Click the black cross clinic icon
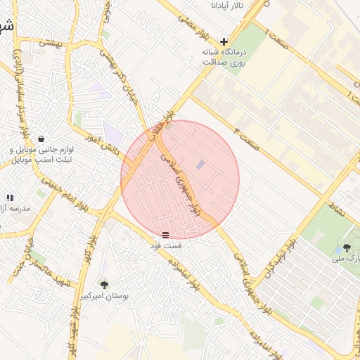tap(224, 41)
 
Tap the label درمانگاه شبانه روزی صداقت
tap(207, 57)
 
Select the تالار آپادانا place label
tap(228, 6)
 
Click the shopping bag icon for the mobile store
tap(43, 139)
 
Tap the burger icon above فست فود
tap(165, 234)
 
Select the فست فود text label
tap(165, 246)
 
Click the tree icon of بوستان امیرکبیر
tap(104, 285)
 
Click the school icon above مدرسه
tap(10, 198)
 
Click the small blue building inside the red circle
tap(201, 165)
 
